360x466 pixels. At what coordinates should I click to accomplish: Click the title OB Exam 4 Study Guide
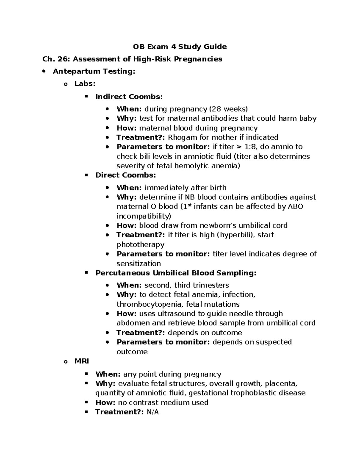[180, 47]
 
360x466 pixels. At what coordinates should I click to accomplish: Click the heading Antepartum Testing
[94, 71]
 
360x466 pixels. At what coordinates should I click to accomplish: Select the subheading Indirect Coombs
[129, 97]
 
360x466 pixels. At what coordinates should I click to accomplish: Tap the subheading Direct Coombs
[126, 175]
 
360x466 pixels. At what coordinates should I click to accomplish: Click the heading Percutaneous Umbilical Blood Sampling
[176, 273]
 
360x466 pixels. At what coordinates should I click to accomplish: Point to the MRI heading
[82, 361]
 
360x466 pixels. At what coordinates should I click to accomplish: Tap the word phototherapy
[140, 245]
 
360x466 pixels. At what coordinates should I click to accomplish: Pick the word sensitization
[139, 263]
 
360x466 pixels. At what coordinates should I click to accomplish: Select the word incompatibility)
[144, 216]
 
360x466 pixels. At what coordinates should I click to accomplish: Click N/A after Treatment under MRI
[153, 412]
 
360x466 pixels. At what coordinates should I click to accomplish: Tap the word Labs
[85, 84]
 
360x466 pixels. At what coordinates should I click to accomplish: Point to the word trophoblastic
[253, 393]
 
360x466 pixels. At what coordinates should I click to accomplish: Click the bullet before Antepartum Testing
[44, 71]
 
